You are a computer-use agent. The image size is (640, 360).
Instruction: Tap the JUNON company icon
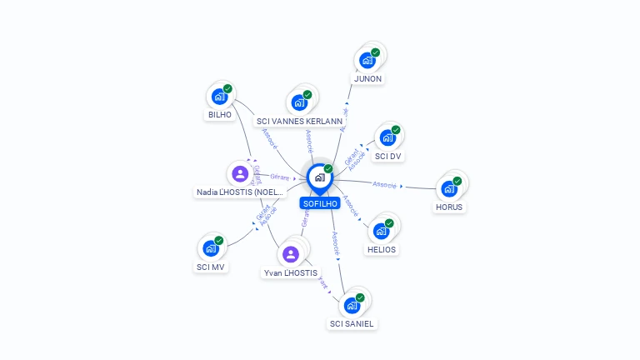(367, 60)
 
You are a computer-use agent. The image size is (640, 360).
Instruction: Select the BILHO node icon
(219, 96)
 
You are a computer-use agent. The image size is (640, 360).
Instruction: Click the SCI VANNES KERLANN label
(299, 122)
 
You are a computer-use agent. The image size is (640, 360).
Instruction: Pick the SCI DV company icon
(387, 137)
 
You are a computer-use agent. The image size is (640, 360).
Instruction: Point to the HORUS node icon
(449, 188)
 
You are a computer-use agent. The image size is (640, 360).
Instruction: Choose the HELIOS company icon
(381, 231)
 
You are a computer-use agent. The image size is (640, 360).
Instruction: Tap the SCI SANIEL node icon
(352, 305)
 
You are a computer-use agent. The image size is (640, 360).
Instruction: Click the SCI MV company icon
(211, 248)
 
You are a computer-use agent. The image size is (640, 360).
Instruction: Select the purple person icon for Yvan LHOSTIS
(290, 254)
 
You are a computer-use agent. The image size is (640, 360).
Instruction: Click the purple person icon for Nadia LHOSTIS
(240, 173)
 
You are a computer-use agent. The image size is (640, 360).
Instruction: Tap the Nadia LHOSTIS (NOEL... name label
(240, 192)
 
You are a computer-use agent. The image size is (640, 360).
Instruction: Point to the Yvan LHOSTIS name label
(290, 273)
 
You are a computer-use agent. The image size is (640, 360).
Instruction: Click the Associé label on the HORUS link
(385, 184)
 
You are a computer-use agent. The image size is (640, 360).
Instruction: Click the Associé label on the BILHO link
(270, 138)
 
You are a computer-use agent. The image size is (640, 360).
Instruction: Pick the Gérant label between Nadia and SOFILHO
(280, 177)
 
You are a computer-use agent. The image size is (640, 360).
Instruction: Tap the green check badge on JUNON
(375, 52)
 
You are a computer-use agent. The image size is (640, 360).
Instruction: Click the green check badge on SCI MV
(219, 241)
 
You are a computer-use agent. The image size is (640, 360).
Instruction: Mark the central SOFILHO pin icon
(318, 177)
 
